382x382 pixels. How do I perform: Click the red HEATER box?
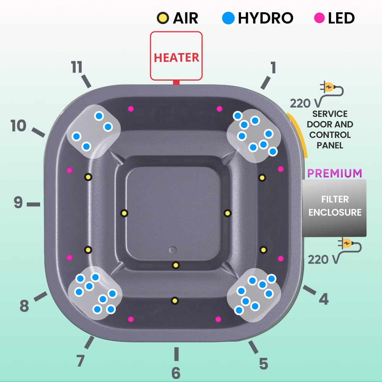tap(176, 56)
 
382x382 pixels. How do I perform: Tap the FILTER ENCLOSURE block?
tap(334, 208)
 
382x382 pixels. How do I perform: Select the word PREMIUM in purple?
tap(335, 173)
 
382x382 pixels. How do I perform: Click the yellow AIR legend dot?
tap(163, 18)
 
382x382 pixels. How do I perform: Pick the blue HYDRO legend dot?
tap(228, 18)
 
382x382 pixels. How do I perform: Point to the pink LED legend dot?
tap(319, 18)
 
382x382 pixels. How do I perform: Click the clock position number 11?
tap(76, 67)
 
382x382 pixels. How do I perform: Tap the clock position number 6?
tap(176, 373)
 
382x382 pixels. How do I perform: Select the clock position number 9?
tap(18, 202)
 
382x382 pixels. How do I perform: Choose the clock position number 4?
tap(324, 299)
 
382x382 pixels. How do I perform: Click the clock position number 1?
tap(273, 67)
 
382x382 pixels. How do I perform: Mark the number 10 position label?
tap(18, 126)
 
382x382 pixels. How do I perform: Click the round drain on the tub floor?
tap(173, 250)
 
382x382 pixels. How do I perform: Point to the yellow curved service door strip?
tap(298, 135)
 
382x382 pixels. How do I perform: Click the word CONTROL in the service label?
tap(330, 135)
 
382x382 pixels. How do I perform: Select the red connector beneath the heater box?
tap(176, 83)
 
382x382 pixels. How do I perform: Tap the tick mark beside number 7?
tap(89, 342)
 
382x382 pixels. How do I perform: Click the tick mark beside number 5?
tap(253, 347)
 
